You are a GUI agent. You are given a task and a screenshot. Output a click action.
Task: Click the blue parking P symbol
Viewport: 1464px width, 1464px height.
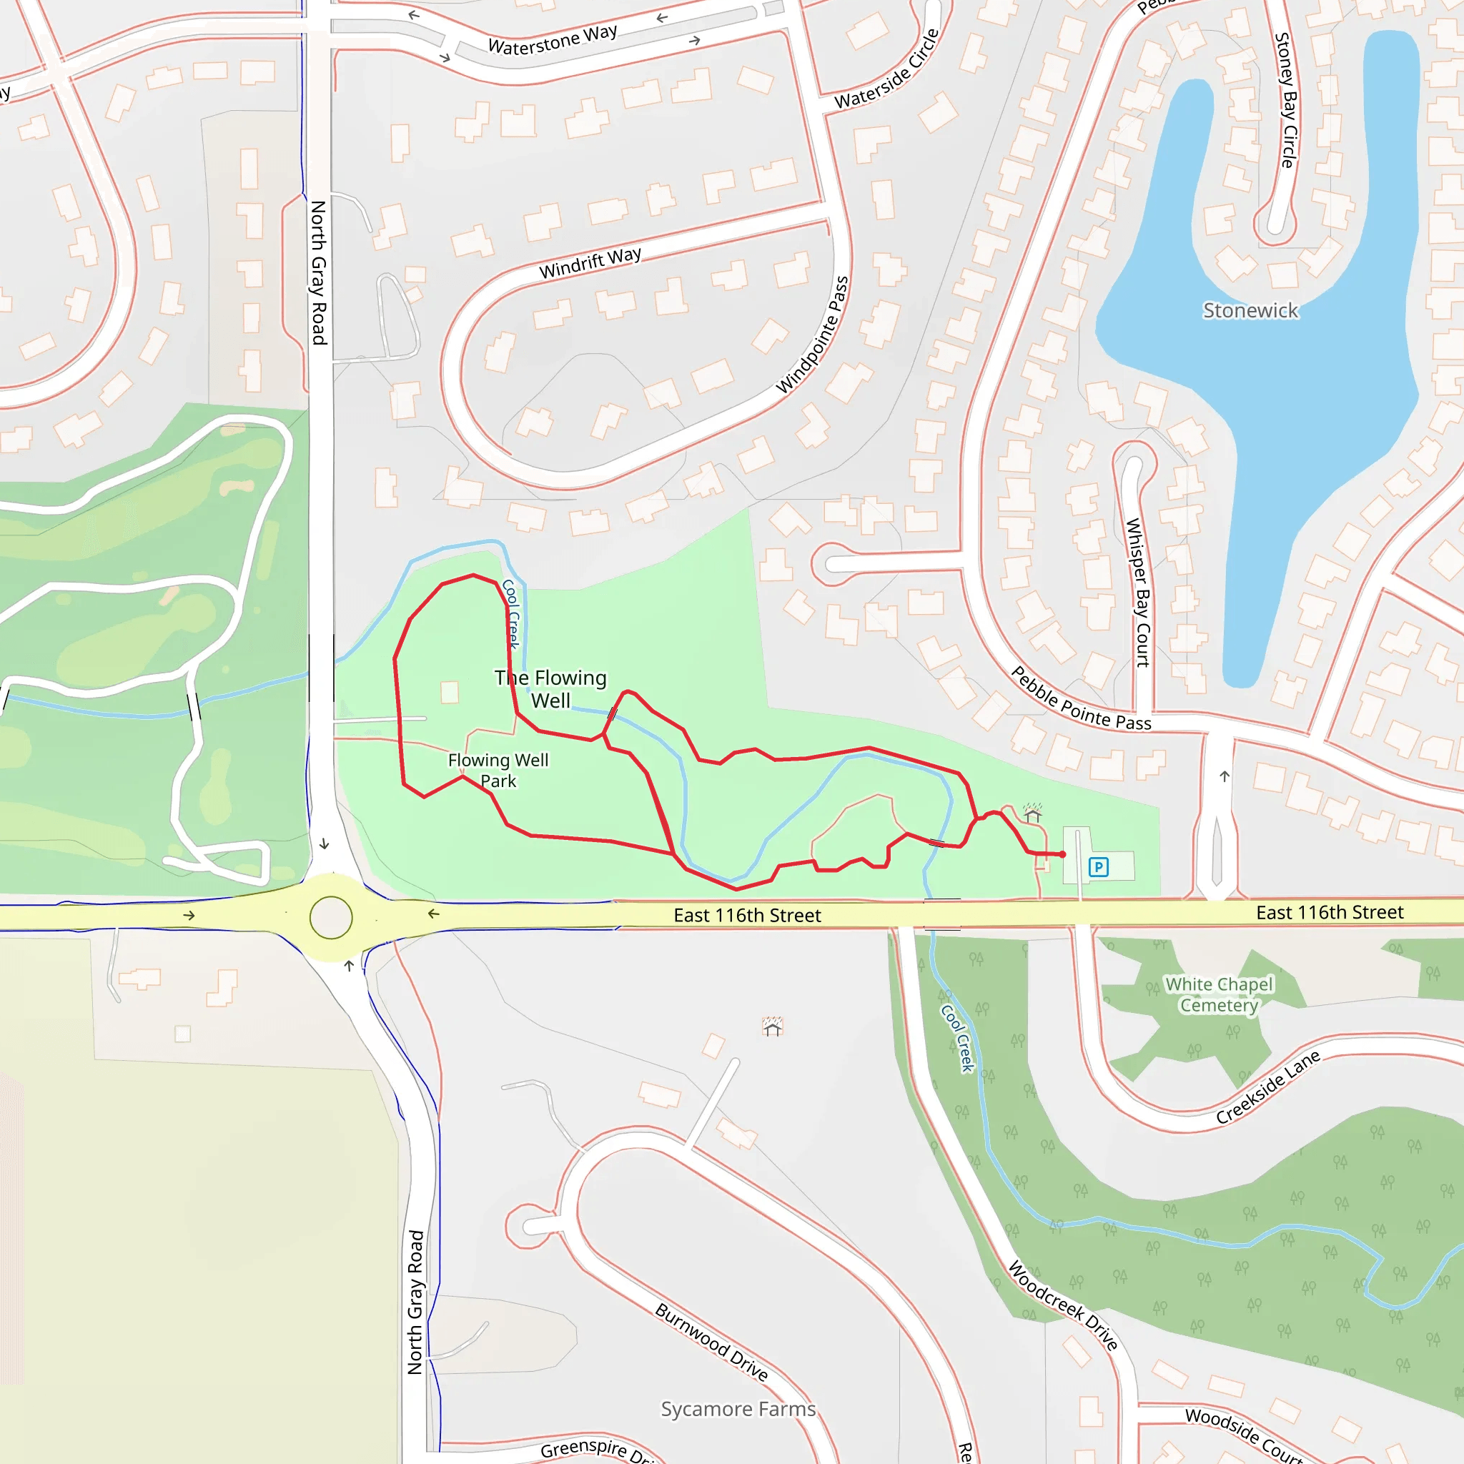click(1098, 867)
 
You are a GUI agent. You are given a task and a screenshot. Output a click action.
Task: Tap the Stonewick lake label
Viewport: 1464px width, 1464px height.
click(1250, 311)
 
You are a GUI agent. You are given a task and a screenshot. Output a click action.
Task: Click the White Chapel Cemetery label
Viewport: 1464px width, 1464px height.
click(1220, 994)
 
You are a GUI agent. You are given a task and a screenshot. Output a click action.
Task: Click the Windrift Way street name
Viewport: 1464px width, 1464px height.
click(590, 262)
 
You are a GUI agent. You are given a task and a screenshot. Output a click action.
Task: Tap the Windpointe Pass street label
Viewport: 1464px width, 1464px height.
click(812, 335)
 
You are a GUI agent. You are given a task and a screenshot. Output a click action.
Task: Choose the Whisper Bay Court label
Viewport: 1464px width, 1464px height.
click(1137, 593)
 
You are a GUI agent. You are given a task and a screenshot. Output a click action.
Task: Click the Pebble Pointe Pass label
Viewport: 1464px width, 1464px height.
click(1082, 698)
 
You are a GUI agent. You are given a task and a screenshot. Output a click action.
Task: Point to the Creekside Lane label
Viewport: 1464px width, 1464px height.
click(1267, 1087)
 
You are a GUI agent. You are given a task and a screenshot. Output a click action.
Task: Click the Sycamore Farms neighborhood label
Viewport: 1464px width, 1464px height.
click(738, 1409)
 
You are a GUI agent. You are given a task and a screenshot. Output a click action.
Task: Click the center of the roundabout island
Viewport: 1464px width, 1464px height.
click(331, 918)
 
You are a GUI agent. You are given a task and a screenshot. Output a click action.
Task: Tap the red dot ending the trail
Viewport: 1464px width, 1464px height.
click(1062, 855)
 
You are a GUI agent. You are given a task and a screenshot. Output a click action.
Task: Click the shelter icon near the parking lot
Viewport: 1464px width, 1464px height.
click(1032, 813)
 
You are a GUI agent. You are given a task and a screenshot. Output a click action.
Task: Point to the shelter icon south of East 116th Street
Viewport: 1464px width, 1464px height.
click(772, 1027)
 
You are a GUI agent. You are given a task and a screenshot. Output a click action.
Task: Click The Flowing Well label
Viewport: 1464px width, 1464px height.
click(551, 688)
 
